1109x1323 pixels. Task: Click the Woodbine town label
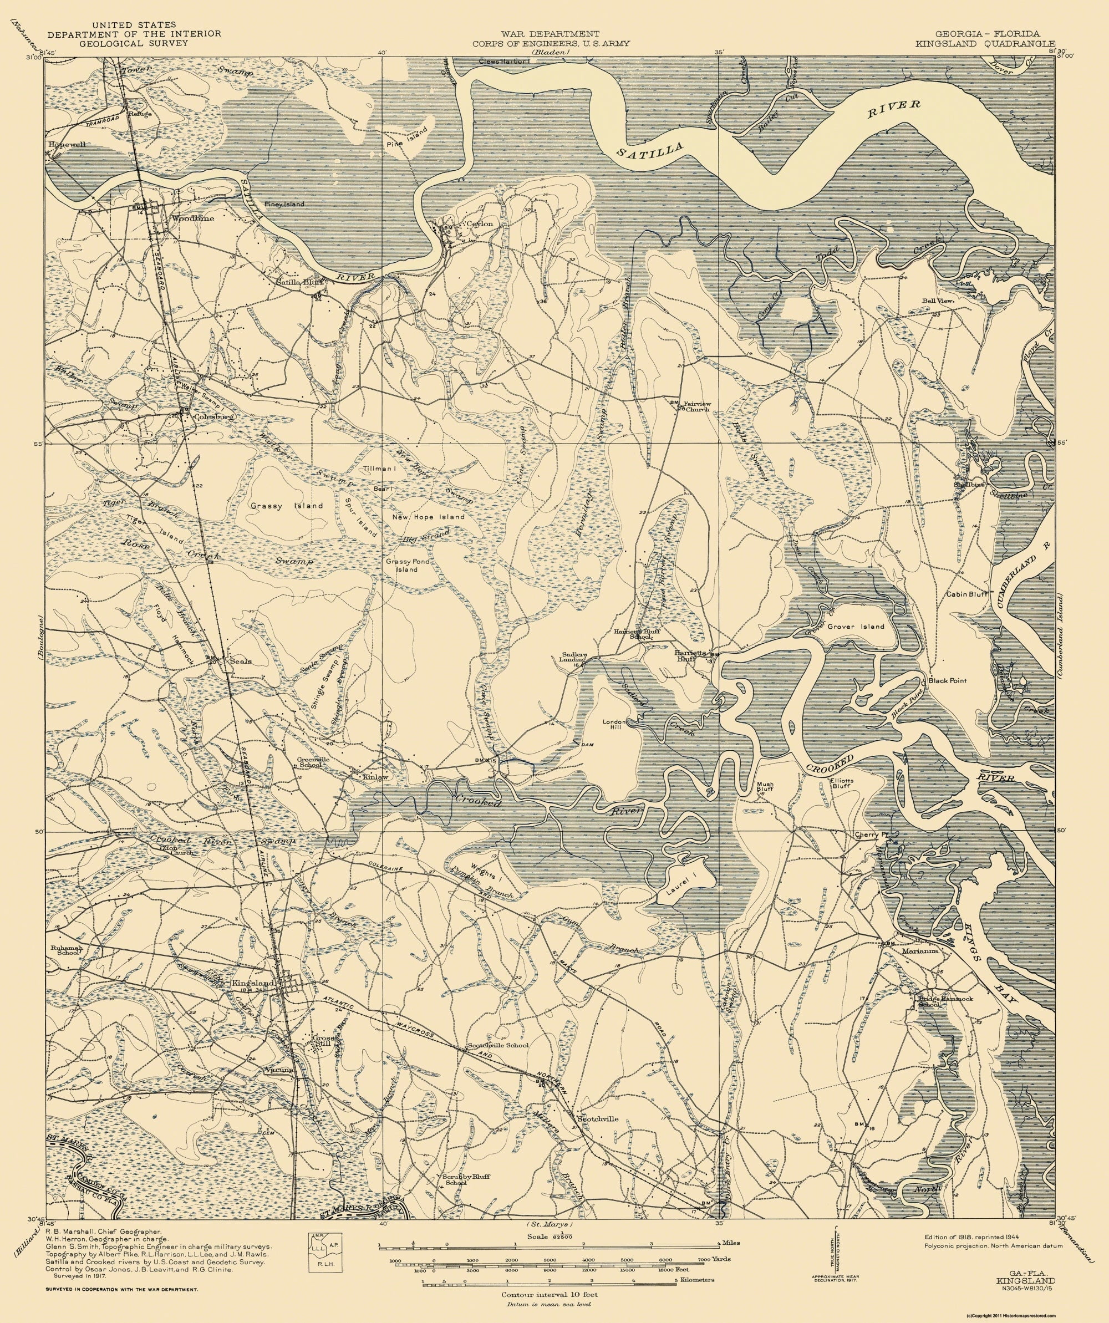pos(193,218)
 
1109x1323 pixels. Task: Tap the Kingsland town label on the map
pos(253,984)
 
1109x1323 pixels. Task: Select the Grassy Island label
pos(287,505)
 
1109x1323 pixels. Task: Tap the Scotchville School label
pos(497,1045)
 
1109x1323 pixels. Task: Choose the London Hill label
pos(614,725)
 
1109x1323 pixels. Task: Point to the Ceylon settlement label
pos(479,223)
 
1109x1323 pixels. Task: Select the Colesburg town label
pos(214,417)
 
